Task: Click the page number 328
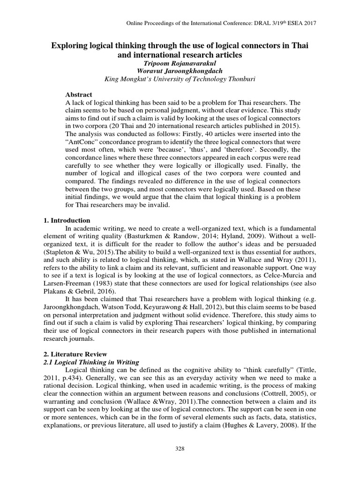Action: click(x=180, y=449)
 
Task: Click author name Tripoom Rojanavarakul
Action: click(x=180, y=63)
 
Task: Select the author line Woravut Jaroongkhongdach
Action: click(x=180, y=71)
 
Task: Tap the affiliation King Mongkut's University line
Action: click(x=180, y=79)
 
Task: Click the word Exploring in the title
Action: click(x=71, y=46)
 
